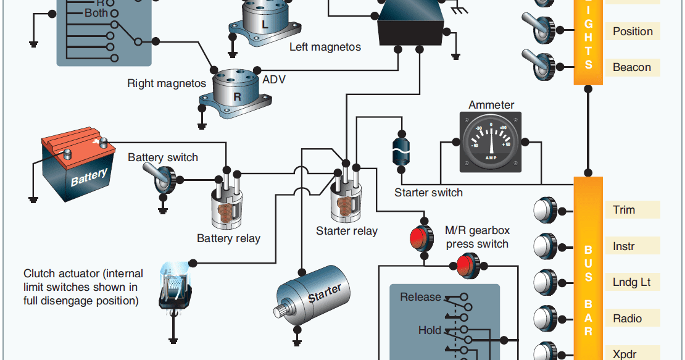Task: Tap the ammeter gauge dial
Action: (491, 142)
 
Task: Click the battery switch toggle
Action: (162, 178)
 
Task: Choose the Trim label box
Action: (632, 210)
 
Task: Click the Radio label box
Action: (632, 319)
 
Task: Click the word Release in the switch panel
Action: (420, 297)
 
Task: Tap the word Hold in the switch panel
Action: (430, 330)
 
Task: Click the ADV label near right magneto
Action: (274, 80)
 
